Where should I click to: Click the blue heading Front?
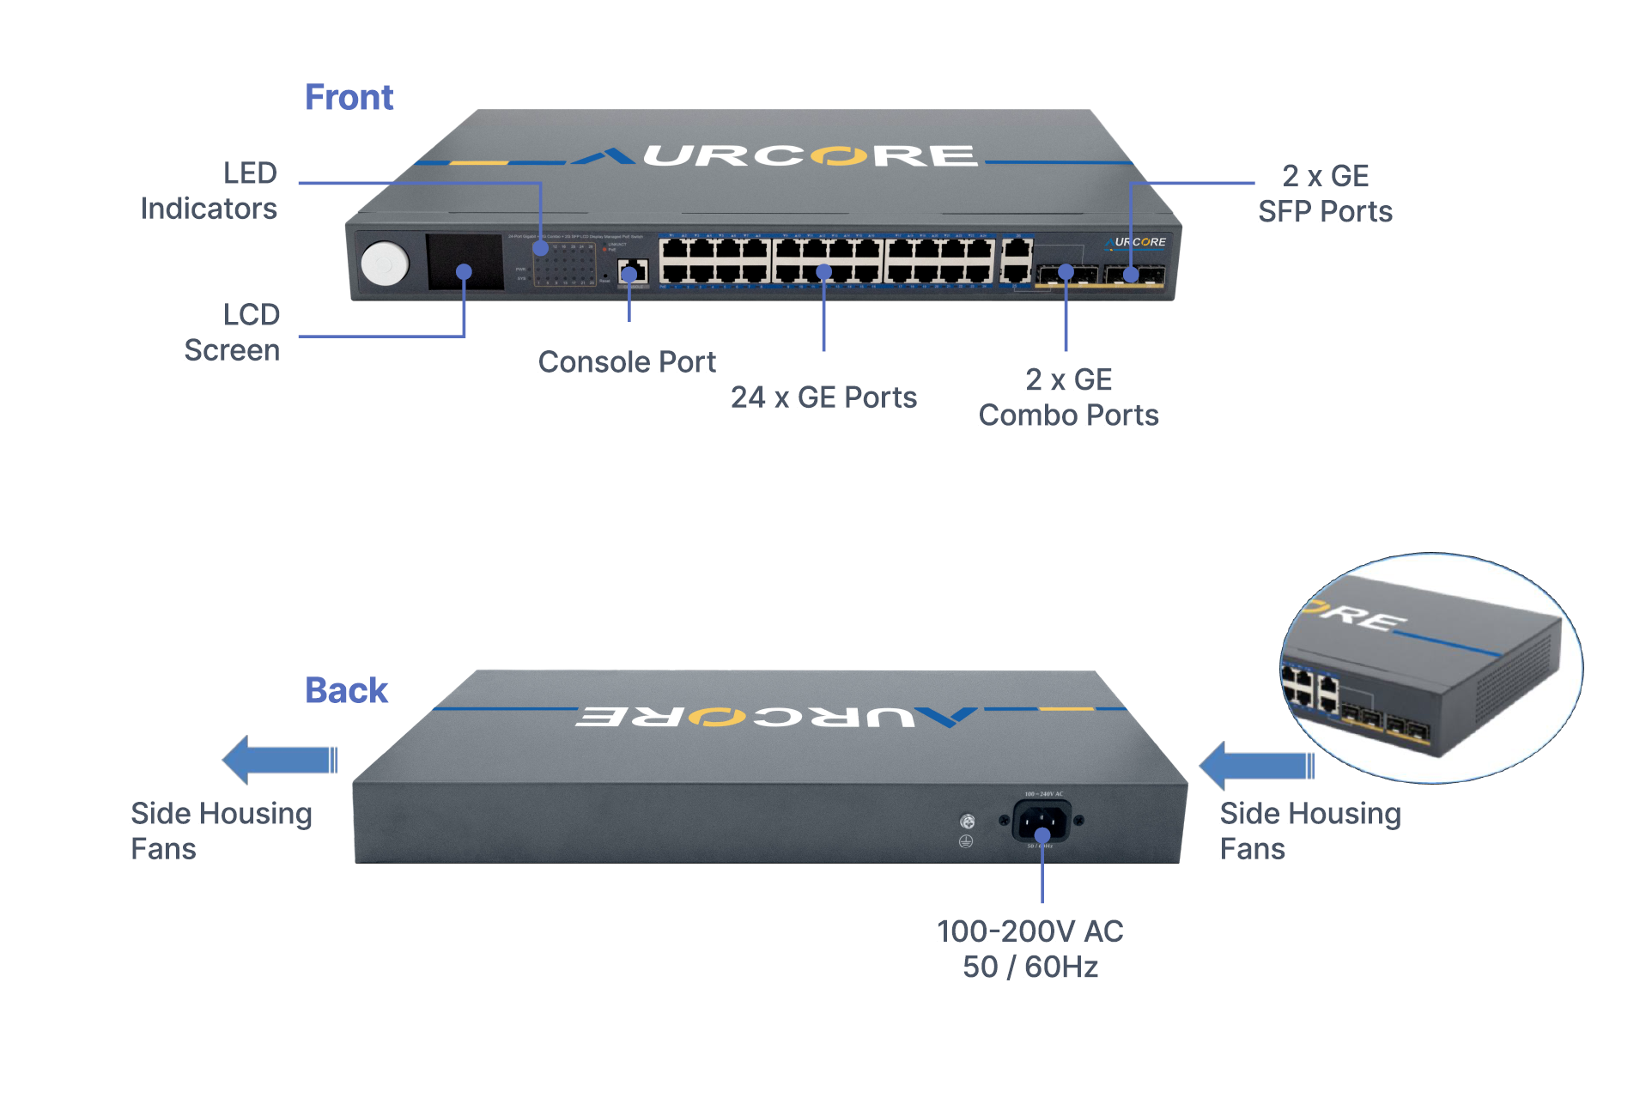(x=349, y=98)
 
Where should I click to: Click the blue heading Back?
(x=346, y=691)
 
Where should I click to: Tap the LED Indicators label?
(x=209, y=191)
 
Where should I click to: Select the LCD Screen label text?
(x=232, y=332)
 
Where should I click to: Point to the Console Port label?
(x=627, y=362)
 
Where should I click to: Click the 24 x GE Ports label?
(x=823, y=397)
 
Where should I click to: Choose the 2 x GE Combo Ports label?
(x=1068, y=397)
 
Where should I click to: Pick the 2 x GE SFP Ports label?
(x=1325, y=194)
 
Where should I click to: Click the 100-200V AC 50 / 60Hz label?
(x=1029, y=949)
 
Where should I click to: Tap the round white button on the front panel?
(x=385, y=264)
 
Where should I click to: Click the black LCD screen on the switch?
(x=465, y=262)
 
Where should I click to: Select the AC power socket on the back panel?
(x=1042, y=822)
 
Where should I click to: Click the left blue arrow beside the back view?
(x=279, y=760)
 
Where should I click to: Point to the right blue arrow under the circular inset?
(x=1256, y=765)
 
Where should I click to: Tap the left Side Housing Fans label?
(x=221, y=831)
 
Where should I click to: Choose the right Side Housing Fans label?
(x=1309, y=831)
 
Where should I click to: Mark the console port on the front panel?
(x=633, y=273)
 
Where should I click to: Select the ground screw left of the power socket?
(x=967, y=822)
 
